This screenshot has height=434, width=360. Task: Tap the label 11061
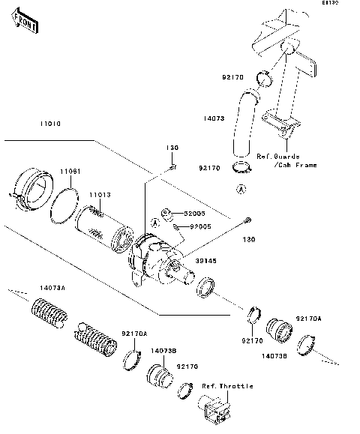coord(70,172)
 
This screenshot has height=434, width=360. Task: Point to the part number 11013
coord(100,195)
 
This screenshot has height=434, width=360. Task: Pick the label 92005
coord(199,225)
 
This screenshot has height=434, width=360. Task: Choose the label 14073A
coord(32,288)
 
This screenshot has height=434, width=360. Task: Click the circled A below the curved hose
coord(241,190)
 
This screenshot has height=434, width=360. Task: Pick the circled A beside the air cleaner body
coord(155,222)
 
